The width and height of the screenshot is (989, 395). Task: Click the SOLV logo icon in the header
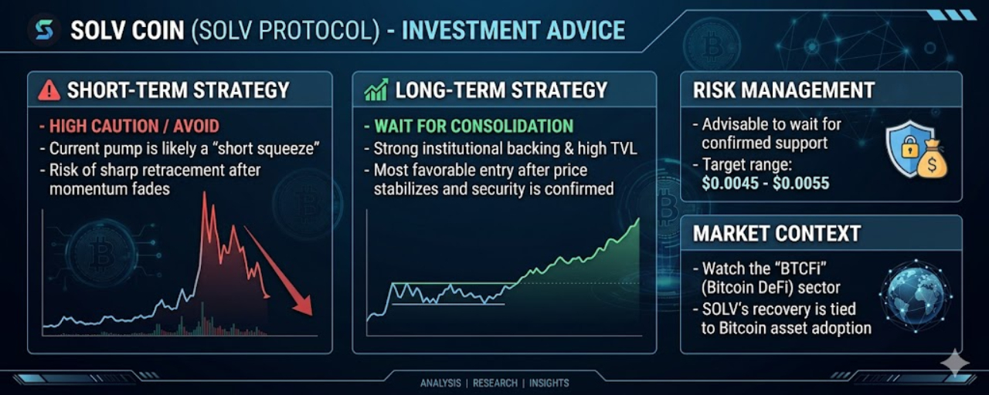[44, 30]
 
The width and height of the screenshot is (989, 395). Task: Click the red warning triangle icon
[49, 90]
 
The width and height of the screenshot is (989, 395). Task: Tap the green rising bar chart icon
[376, 89]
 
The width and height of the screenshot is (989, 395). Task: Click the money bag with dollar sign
[932, 160]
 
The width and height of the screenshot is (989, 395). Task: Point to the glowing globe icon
[916, 295]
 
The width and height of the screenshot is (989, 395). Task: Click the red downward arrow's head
[304, 306]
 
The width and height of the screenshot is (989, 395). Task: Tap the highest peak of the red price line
[205, 193]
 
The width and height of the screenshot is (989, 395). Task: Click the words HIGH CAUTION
[104, 127]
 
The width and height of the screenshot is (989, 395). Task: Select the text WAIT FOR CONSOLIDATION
[474, 126]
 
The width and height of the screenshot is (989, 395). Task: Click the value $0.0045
[730, 183]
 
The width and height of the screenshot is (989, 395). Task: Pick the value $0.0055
[801, 183]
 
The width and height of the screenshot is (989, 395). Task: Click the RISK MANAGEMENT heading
[783, 90]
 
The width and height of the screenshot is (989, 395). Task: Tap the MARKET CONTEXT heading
[777, 234]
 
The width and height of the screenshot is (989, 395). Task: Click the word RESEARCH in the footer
[495, 383]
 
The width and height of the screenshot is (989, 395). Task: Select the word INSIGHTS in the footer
[549, 383]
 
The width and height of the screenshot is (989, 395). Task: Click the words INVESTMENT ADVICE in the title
[513, 30]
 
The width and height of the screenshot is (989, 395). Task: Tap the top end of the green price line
[639, 218]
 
